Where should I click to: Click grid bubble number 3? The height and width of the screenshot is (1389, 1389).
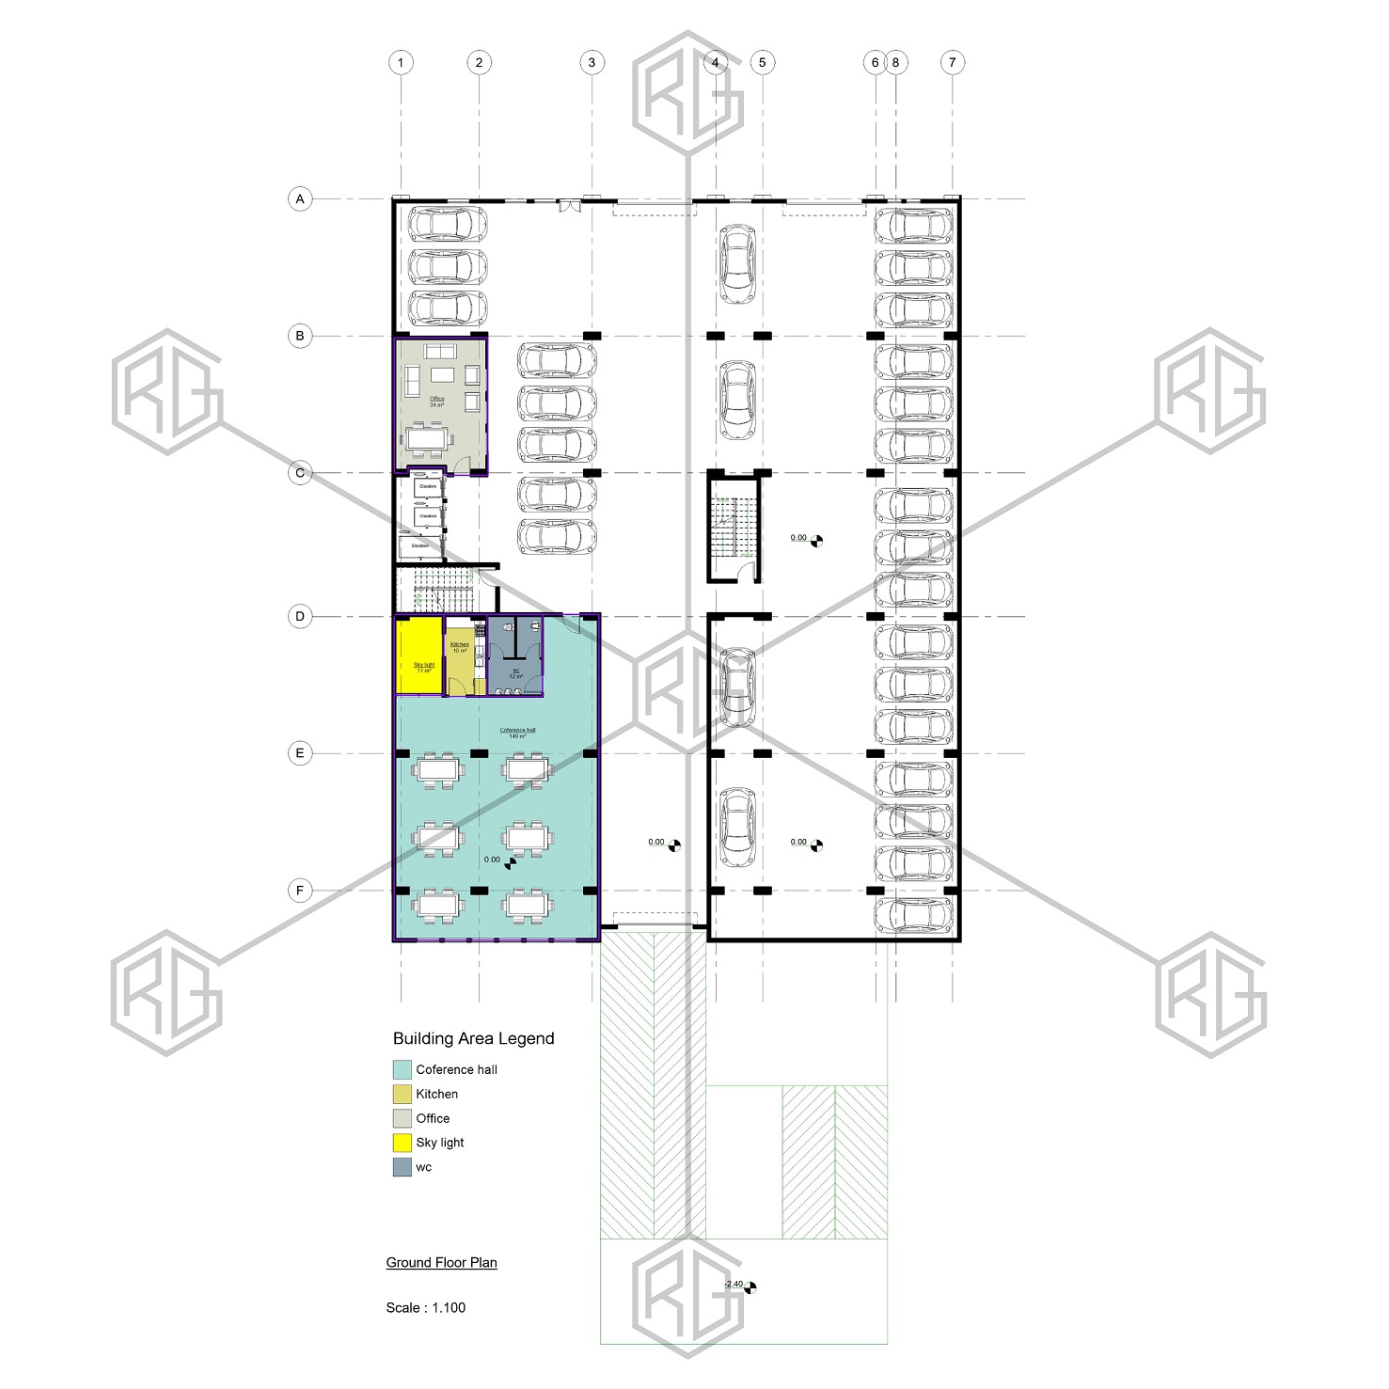click(x=592, y=63)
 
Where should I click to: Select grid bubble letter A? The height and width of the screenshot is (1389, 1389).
click(x=300, y=199)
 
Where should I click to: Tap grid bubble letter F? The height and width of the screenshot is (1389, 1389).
click(x=300, y=891)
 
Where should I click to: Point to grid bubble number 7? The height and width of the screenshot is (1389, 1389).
click(x=952, y=63)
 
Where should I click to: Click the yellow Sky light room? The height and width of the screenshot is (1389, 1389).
click(x=419, y=656)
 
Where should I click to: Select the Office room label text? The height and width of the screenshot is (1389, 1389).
click(x=437, y=401)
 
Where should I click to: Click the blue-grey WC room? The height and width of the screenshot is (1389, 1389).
click(x=515, y=658)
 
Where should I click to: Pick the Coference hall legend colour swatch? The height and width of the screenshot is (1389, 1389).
click(x=402, y=1069)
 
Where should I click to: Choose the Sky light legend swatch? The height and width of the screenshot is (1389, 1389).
click(x=402, y=1143)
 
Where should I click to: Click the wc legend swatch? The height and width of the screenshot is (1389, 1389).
click(x=402, y=1167)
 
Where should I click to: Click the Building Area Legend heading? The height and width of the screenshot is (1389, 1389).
click(x=473, y=1038)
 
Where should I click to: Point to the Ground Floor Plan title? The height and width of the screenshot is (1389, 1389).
click(x=441, y=1263)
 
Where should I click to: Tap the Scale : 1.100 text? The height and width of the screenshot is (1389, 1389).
click(x=425, y=1308)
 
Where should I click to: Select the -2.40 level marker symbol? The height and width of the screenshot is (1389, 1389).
click(x=750, y=1287)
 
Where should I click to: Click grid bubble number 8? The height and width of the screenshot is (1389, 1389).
click(x=895, y=63)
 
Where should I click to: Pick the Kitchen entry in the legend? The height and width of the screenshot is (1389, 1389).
click(x=436, y=1094)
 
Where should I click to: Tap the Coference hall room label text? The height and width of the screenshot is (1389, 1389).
click(x=517, y=732)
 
